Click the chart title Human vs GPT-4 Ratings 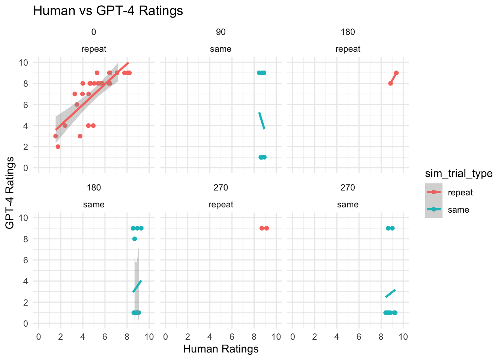108,10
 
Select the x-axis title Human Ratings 220,349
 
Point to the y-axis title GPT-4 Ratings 10,193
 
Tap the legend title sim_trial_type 458,173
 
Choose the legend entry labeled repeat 460,193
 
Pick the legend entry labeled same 458,210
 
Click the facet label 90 220,32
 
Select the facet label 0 93,32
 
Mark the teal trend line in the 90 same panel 262,121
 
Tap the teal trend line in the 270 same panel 390,293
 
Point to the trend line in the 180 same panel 137,286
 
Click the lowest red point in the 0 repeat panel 58,147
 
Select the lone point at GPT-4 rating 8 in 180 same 135,239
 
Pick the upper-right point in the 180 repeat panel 396,73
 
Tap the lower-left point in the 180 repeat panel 390,83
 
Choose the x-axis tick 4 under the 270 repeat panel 210,337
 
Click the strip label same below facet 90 220,49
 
